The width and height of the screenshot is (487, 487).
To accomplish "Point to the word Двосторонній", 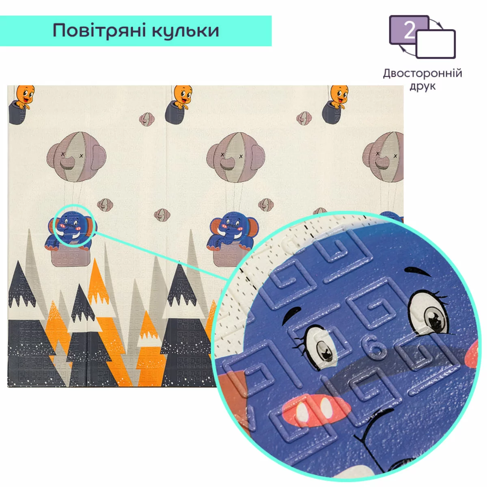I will coord(422,73).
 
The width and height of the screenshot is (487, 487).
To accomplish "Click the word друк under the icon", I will coord(422,86).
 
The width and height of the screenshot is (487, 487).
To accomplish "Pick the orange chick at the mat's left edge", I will coord(25,97).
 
